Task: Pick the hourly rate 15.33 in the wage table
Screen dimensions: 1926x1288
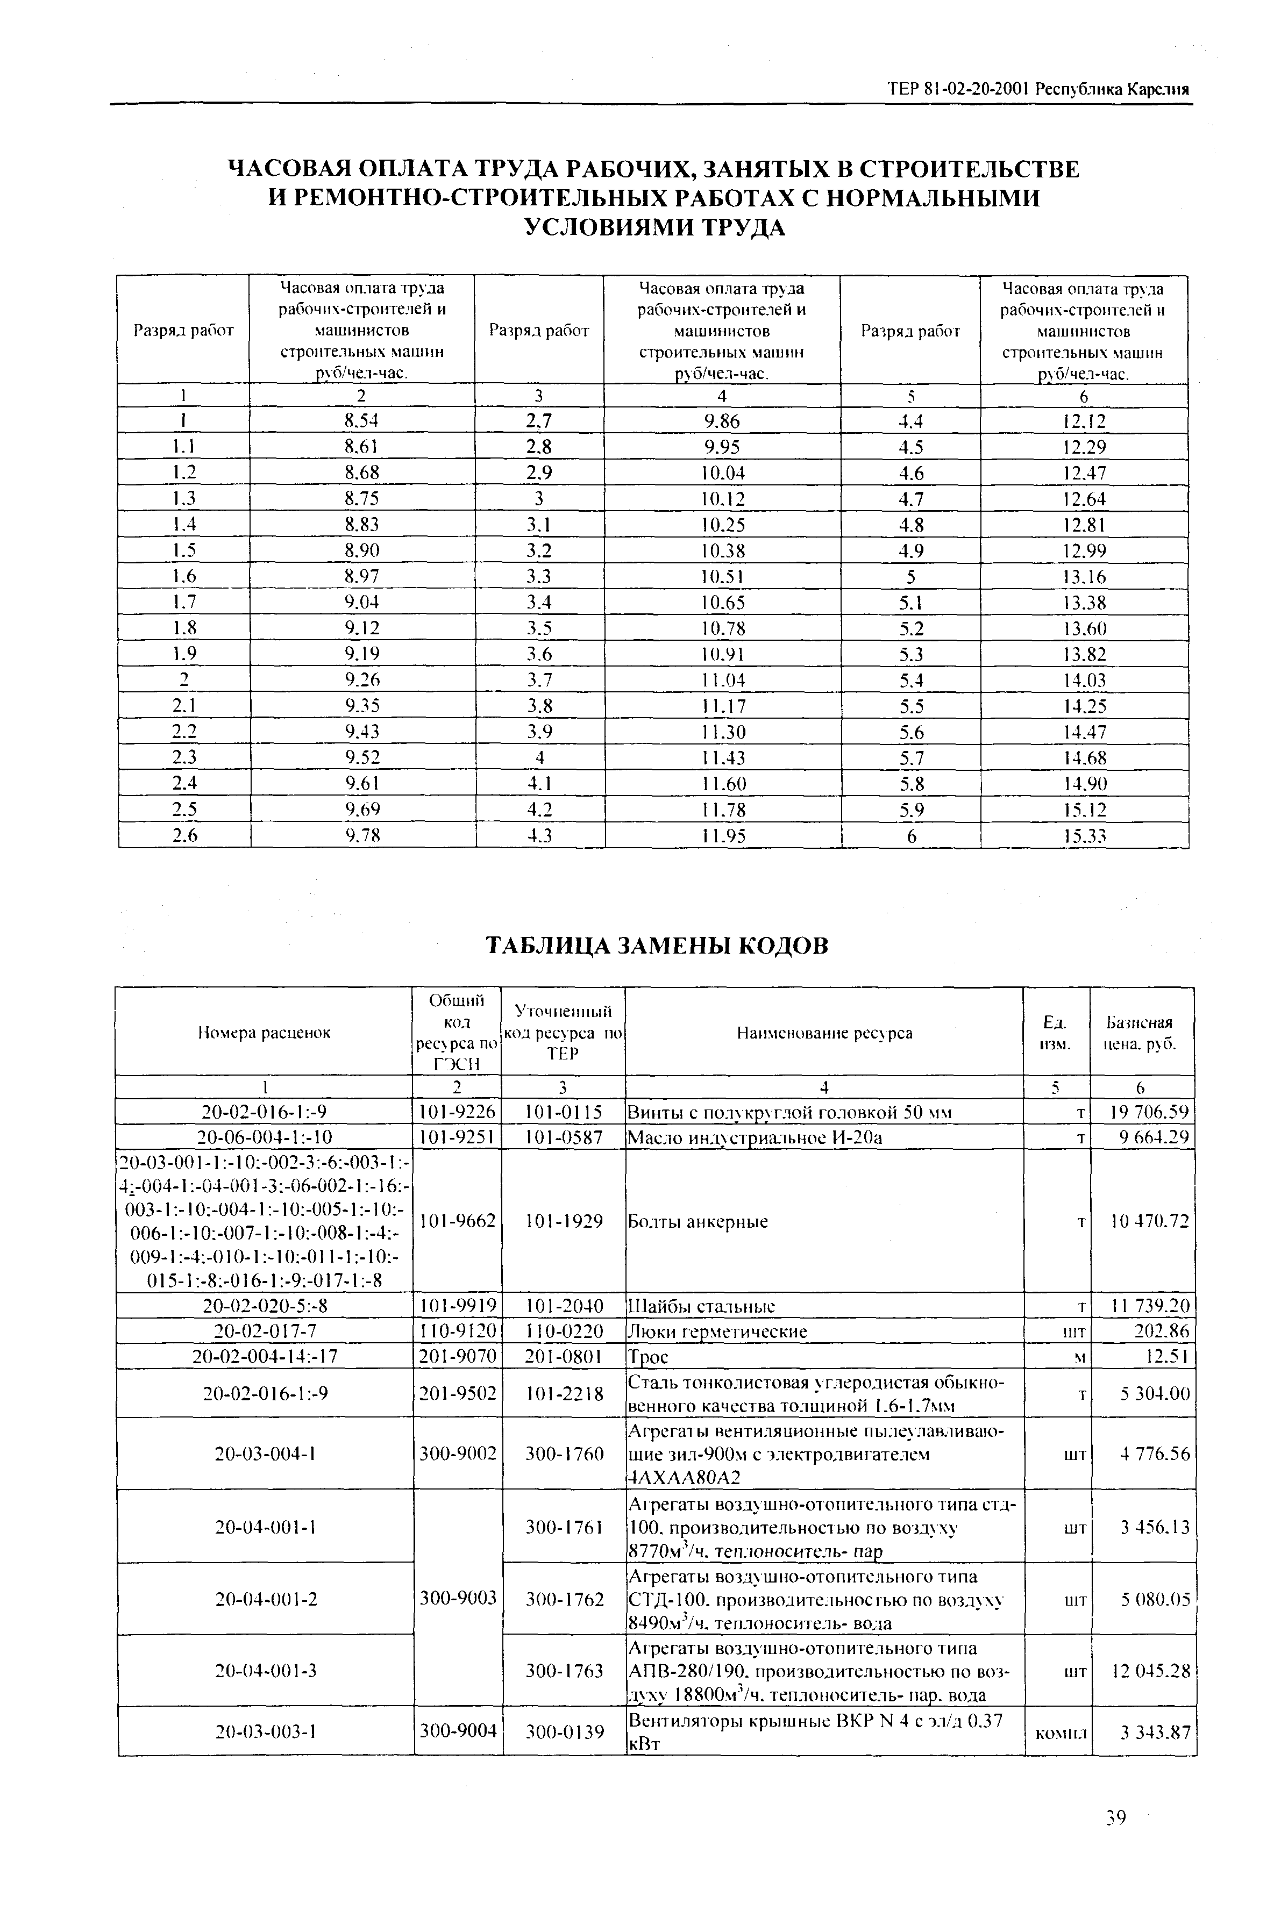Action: coord(1084,836)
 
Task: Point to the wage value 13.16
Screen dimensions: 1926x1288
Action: coord(1084,576)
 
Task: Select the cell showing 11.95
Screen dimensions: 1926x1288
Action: coord(723,836)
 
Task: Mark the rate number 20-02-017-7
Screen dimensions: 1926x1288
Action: coord(264,1331)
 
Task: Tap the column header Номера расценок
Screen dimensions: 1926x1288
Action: coord(264,1033)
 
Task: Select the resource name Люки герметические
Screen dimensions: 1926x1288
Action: coord(717,1331)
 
